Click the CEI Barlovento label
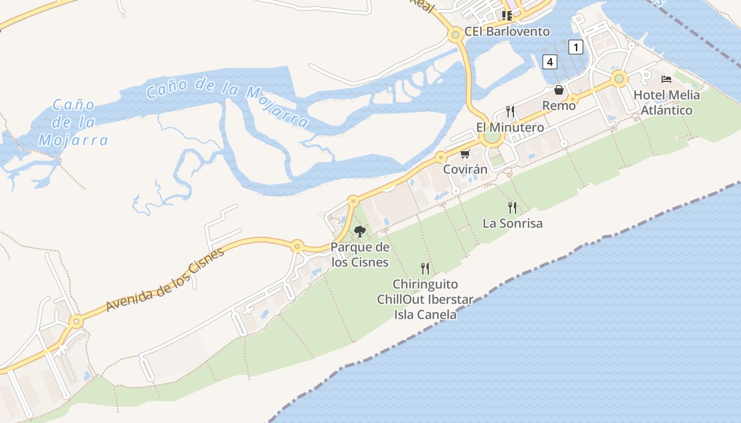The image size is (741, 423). [x=507, y=31]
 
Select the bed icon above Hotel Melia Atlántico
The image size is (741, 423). [x=666, y=79]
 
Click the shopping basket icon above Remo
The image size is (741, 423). [x=559, y=90]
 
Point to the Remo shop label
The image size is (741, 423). [x=559, y=106]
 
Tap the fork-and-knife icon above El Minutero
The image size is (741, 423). [x=510, y=111]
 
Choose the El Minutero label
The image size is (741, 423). [x=510, y=127]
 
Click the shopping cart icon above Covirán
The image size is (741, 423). [x=465, y=154]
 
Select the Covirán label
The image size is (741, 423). [x=465, y=170]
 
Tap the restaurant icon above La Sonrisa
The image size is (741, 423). [x=512, y=207]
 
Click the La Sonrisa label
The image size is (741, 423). [x=512, y=224]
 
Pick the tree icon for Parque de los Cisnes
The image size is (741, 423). [x=360, y=232]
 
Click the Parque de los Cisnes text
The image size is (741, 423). [x=360, y=255]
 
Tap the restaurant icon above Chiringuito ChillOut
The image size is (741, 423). [x=424, y=269]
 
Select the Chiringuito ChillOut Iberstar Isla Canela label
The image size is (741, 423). [x=424, y=300]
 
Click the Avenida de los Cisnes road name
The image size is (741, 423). [x=165, y=279]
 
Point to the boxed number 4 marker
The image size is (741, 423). [x=550, y=62]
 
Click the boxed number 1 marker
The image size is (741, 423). [x=575, y=47]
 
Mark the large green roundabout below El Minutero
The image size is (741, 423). [x=492, y=137]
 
